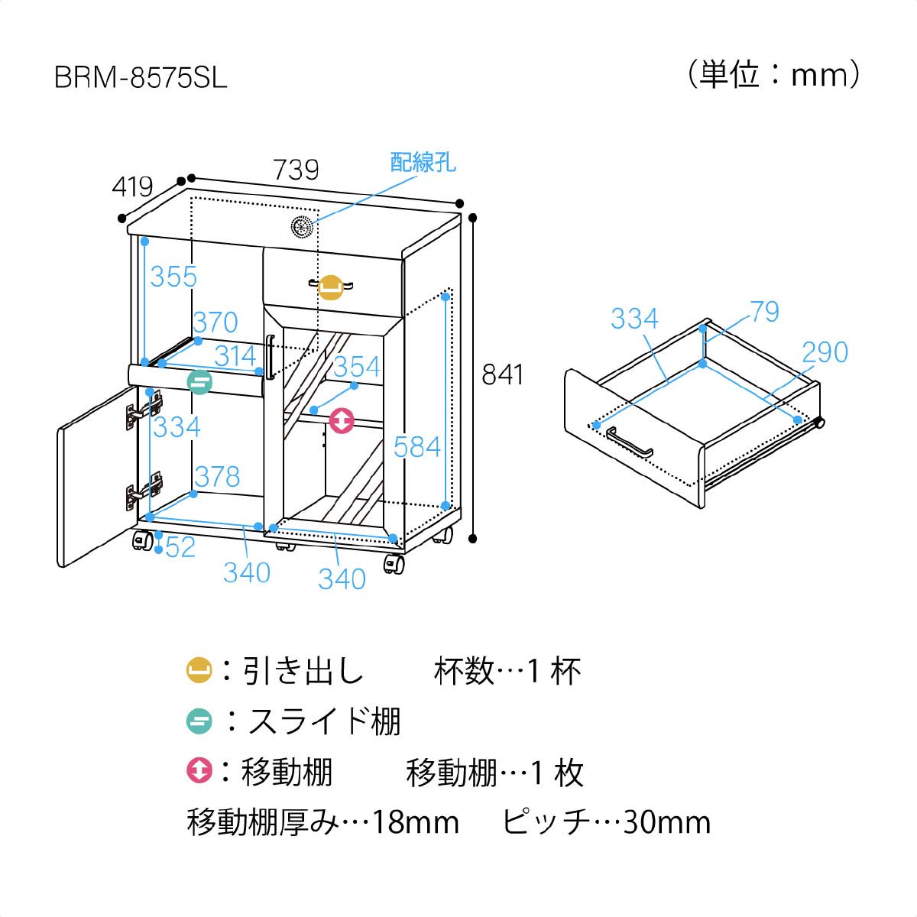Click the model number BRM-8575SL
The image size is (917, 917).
coord(141,79)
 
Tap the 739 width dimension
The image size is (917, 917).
coord(296,169)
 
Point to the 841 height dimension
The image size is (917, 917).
coord(503,374)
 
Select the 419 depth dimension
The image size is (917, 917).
coord(133,186)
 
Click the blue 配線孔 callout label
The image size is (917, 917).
coord(423,162)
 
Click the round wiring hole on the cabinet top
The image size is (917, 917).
coord(303,228)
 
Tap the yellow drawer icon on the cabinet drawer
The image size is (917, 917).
coord(330,287)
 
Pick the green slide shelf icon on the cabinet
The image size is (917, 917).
coord(199,381)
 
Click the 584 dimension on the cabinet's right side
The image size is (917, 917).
coord(417,446)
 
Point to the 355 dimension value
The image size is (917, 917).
coord(173,276)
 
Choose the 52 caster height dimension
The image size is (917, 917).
coord(180,547)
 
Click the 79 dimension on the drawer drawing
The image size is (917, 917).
coord(764,312)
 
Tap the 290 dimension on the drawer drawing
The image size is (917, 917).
coord(825,352)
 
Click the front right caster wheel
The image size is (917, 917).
coord(394,565)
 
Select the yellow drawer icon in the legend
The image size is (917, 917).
coord(199,672)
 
